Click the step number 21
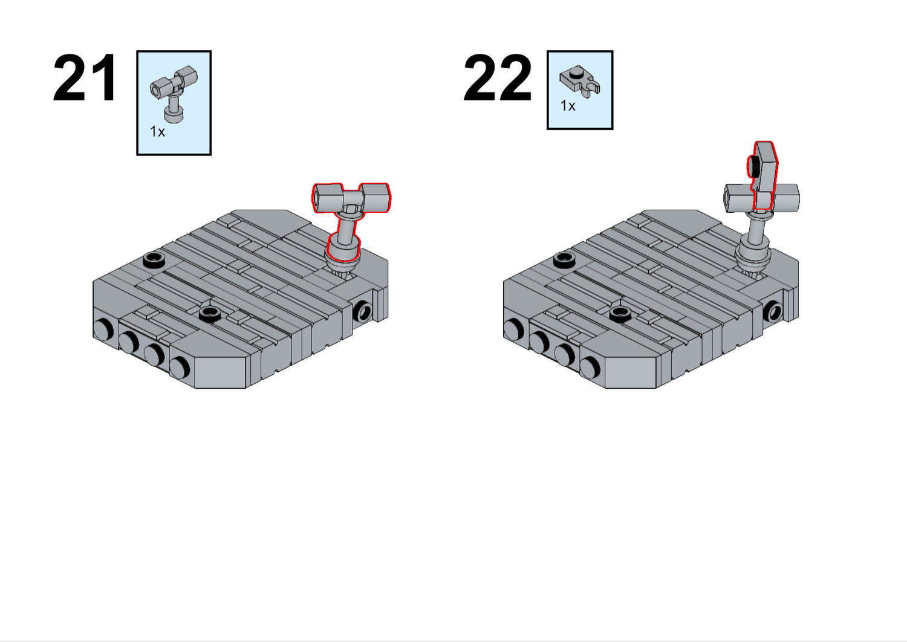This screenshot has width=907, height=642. click(85, 78)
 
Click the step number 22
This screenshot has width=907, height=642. click(497, 78)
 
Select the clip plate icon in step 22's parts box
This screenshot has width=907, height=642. click(580, 83)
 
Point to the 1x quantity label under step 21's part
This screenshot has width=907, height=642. click(157, 132)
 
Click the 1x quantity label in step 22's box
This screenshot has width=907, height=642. click(568, 106)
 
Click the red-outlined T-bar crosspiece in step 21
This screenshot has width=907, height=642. click(351, 198)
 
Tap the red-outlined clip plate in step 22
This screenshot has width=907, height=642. click(763, 175)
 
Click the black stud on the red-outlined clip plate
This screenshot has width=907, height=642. click(753, 166)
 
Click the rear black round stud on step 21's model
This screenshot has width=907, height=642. click(154, 259)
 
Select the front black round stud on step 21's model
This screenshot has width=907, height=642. click(210, 313)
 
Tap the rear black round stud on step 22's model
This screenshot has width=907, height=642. click(564, 259)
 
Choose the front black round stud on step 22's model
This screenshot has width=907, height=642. click(620, 313)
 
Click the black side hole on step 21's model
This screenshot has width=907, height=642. click(363, 311)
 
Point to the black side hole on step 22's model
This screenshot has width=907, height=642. click(774, 311)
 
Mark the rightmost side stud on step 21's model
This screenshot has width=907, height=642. click(180, 367)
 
